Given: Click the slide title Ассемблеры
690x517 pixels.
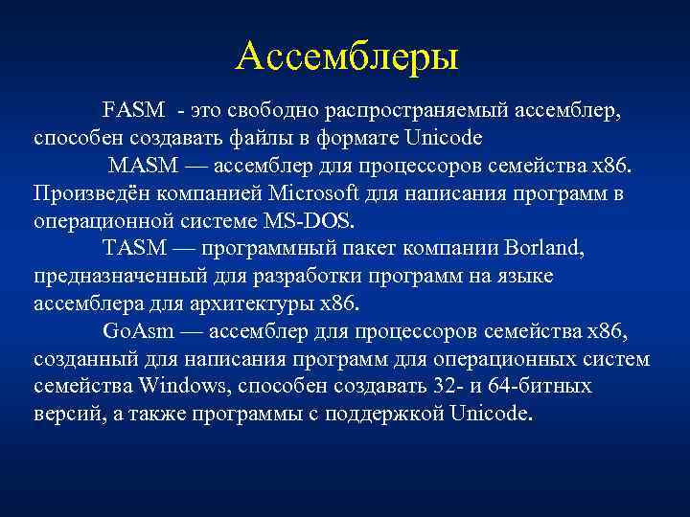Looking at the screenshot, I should tap(347, 56).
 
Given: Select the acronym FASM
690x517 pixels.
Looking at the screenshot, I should tap(133, 110).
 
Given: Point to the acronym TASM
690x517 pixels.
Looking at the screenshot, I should tap(135, 248).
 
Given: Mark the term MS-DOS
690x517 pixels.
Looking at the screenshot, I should tap(308, 220).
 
